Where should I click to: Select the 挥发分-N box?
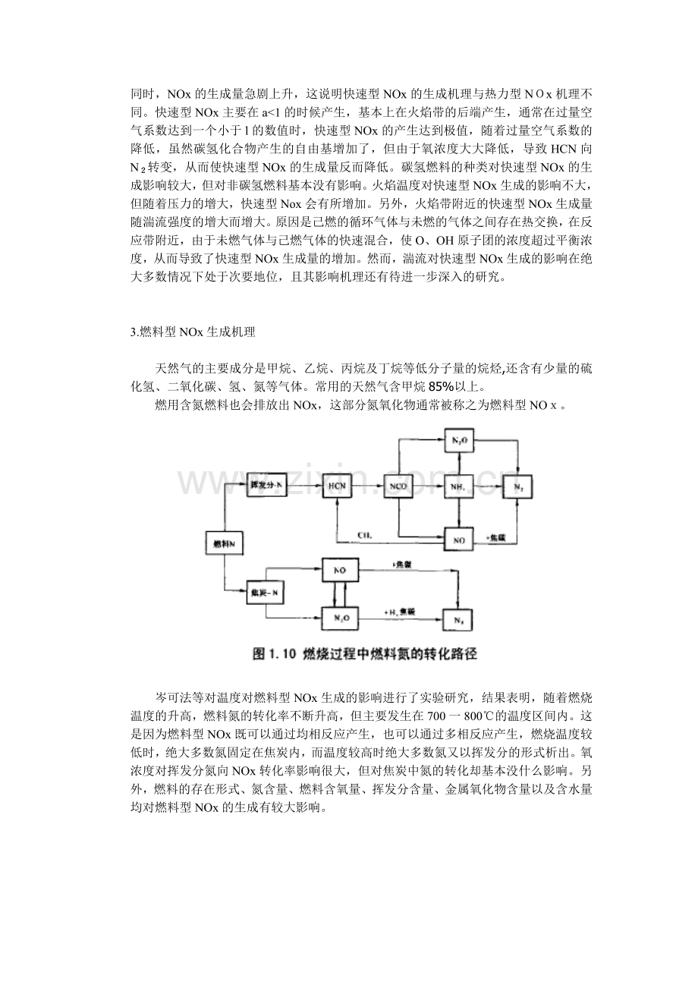pos(266,484)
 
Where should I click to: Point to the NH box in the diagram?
pos(457,485)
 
